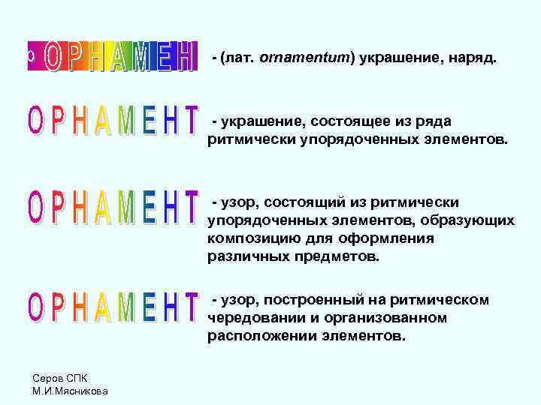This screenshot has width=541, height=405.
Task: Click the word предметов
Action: [x=331, y=256]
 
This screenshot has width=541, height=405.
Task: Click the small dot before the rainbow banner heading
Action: [x=29, y=55]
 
